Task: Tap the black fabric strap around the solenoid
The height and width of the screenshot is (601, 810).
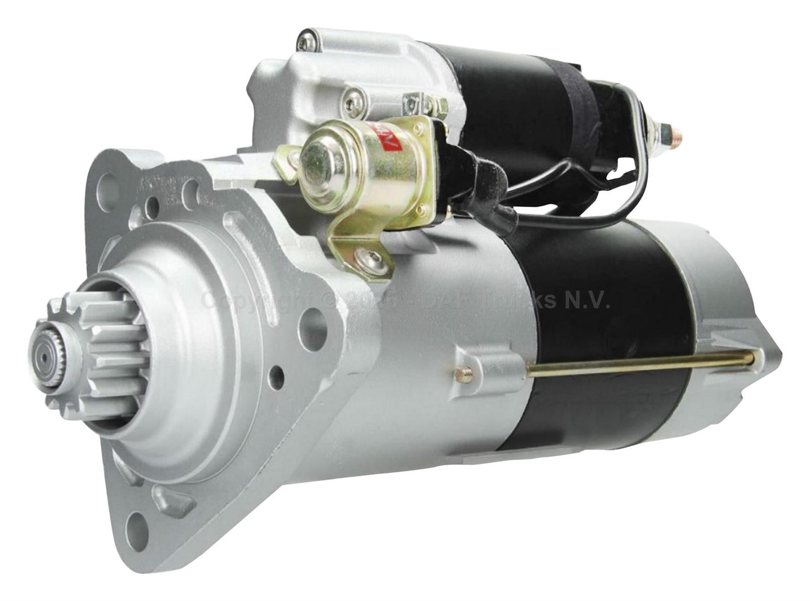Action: pos(577,92)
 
